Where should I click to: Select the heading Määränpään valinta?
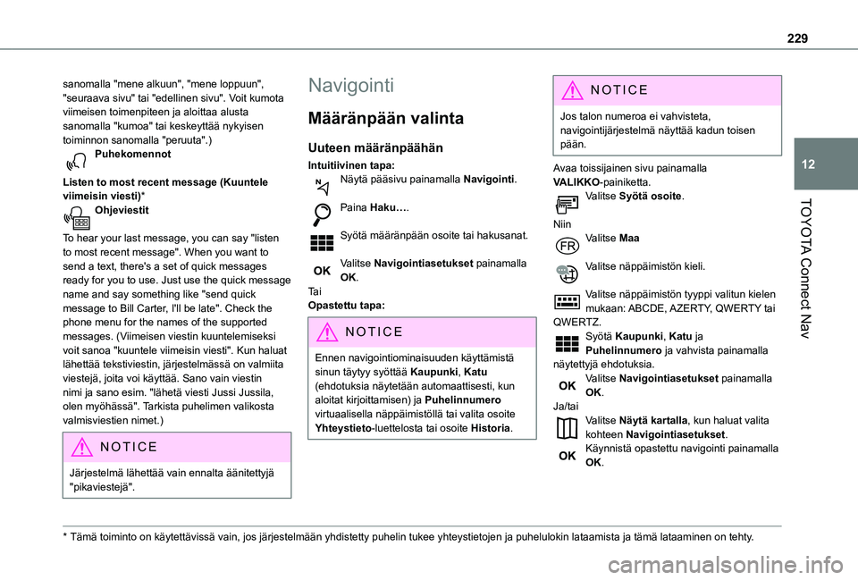(385, 118)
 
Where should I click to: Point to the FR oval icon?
(565, 241)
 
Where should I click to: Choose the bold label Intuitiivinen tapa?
(351, 165)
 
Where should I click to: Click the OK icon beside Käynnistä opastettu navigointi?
(565, 455)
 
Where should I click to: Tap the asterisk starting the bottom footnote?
(55, 538)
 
